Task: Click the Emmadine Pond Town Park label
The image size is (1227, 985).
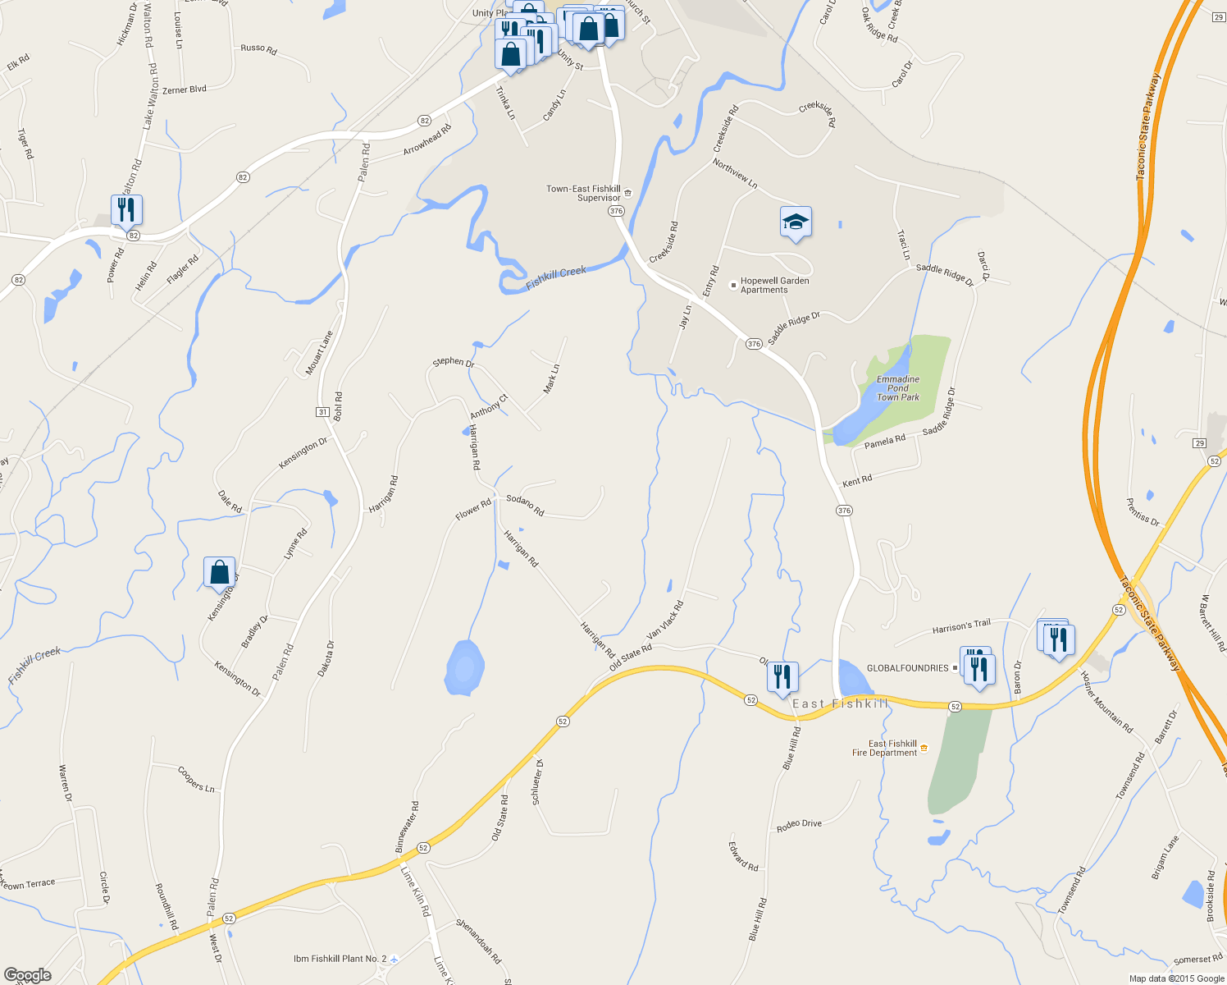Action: pyautogui.click(x=898, y=388)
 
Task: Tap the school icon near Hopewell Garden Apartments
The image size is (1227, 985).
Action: pyautogui.click(x=795, y=222)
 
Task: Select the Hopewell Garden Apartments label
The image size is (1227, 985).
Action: pyautogui.click(x=774, y=285)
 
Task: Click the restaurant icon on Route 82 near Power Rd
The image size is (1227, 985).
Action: pyautogui.click(x=126, y=210)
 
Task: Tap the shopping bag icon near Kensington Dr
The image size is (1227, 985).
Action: pyautogui.click(x=219, y=572)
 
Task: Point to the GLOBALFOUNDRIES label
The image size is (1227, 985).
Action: pyautogui.click(x=907, y=668)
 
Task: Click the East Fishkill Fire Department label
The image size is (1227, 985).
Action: pyautogui.click(x=884, y=748)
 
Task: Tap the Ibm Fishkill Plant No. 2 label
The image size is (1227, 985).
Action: pyautogui.click(x=340, y=959)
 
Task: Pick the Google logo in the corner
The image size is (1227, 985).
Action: pyautogui.click(x=27, y=975)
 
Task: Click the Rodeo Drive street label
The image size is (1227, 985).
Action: pyautogui.click(x=799, y=824)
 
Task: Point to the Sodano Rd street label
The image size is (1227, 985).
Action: pyautogui.click(x=525, y=504)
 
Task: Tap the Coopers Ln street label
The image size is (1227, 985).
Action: pyautogui.click(x=196, y=779)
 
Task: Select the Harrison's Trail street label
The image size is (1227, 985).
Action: pyautogui.click(x=961, y=628)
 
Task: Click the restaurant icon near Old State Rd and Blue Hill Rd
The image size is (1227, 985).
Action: pyautogui.click(x=782, y=677)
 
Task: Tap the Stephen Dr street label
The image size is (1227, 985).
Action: pyautogui.click(x=454, y=361)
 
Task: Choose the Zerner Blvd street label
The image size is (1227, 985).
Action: pyautogui.click(x=185, y=89)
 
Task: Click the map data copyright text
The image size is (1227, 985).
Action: pyautogui.click(x=1176, y=978)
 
